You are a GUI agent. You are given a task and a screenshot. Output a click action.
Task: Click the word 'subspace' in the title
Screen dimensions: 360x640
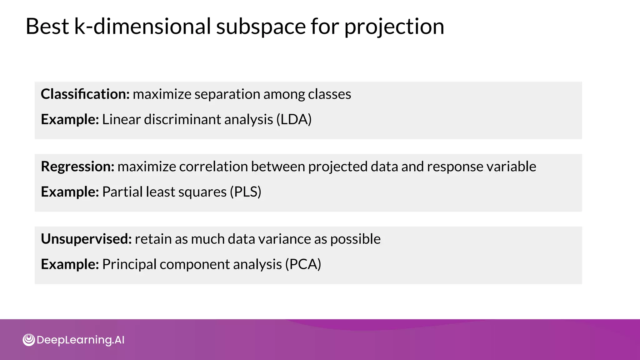tap(262, 27)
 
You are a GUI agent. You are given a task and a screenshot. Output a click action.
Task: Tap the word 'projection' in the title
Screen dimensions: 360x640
tap(394, 27)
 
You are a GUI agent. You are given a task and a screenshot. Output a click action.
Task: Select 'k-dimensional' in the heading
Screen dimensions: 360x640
tap(142, 27)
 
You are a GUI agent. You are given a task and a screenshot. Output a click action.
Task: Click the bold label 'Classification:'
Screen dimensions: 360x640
tap(85, 94)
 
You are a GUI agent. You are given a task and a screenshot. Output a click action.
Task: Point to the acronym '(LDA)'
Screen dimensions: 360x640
tap(294, 119)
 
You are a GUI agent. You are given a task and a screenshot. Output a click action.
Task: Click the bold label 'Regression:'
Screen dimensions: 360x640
tap(78, 167)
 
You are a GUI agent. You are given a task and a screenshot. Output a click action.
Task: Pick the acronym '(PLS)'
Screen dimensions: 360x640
tap(245, 192)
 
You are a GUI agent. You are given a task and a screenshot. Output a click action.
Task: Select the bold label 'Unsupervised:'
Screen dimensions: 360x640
tap(86, 239)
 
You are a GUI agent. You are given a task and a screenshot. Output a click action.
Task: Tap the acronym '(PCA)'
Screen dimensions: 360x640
tap(303, 264)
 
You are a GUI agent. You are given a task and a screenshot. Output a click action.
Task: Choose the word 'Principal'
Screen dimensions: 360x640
tap(129, 264)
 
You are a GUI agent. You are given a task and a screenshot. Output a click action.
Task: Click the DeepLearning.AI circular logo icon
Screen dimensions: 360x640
tap(29, 340)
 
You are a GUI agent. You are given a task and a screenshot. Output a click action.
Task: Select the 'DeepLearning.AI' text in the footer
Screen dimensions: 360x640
tap(80, 340)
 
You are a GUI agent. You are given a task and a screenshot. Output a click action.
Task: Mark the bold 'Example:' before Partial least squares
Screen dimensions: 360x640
tap(70, 192)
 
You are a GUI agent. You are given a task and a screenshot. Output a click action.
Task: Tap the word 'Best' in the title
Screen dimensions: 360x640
tap(47, 27)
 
